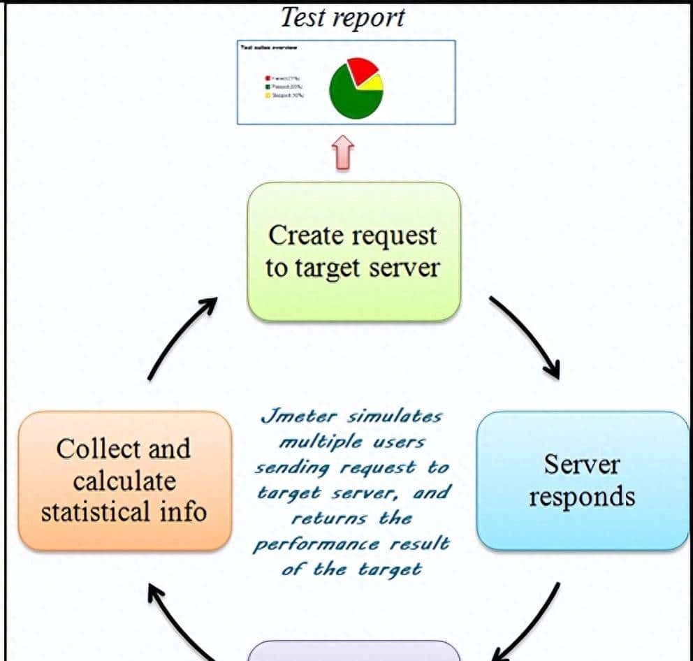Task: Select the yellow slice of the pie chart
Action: click(375, 83)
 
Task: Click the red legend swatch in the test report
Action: click(267, 79)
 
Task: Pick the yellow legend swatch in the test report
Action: click(267, 94)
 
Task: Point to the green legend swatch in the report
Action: click(267, 87)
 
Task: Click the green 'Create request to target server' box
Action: click(354, 252)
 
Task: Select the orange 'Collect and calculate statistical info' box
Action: click(124, 480)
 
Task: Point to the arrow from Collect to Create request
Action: click(181, 339)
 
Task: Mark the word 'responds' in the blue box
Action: click(582, 497)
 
